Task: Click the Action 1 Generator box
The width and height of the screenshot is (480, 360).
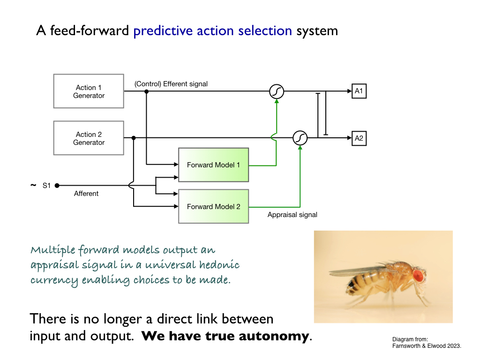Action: pos(89,91)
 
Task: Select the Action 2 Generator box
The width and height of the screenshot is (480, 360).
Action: pos(89,138)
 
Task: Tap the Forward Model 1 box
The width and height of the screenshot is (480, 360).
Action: pos(213,165)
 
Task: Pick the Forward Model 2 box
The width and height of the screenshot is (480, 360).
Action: pos(213,206)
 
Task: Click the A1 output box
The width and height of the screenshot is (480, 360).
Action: pos(359,91)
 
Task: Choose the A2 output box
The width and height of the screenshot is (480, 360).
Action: pos(359,138)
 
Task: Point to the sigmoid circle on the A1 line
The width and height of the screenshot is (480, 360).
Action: pos(277,91)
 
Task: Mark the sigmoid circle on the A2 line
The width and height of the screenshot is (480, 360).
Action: pos(300,138)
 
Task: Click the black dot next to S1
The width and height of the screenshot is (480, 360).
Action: pos(57,186)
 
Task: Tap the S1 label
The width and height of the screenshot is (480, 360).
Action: pos(46,186)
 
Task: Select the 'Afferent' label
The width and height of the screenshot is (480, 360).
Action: pos(86,194)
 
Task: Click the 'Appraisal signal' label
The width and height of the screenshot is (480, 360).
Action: pos(292,215)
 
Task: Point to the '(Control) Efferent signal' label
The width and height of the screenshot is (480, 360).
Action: pos(171,84)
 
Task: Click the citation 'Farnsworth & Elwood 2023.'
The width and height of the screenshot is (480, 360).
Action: pos(427,346)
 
